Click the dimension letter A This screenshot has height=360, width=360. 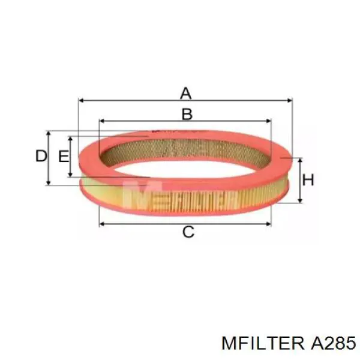pyautogui.click(x=186, y=93)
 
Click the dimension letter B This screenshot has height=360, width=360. pyautogui.click(x=187, y=114)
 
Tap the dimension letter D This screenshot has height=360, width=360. pyautogui.click(x=40, y=157)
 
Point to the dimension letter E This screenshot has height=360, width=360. pyautogui.click(x=63, y=157)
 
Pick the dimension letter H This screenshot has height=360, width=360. pyautogui.click(x=308, y=180)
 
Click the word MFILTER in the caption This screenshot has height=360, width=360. pyautogui.click(x=263, y=343)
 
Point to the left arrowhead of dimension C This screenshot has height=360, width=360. pyautogui.click(x=101, y=223)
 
